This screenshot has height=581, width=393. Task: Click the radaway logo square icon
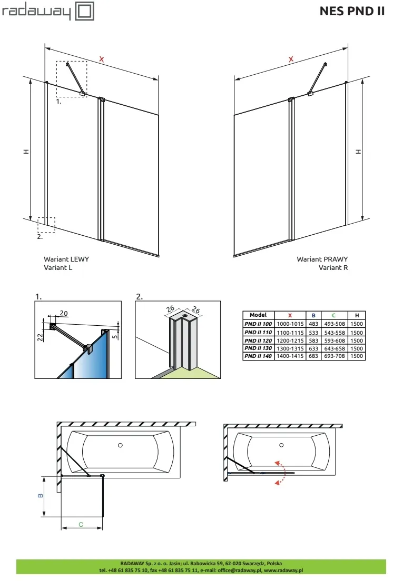(85, 11)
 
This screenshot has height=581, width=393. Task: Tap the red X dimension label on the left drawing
(102, 59)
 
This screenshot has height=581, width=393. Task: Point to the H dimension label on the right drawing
(359, 151)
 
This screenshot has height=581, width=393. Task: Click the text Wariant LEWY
(66, 259)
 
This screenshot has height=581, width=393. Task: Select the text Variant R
(333, 267)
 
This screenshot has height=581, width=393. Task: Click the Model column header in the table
(258, 315)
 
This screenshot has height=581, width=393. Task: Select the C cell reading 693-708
(333, 356)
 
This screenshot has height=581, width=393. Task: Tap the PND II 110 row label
(258, 333)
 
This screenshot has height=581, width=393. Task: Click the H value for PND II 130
(357, 348)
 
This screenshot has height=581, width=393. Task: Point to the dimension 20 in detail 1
(64, 314)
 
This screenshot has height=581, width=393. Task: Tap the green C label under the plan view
(81, 524)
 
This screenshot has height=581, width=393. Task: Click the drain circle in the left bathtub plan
(121, 445)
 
